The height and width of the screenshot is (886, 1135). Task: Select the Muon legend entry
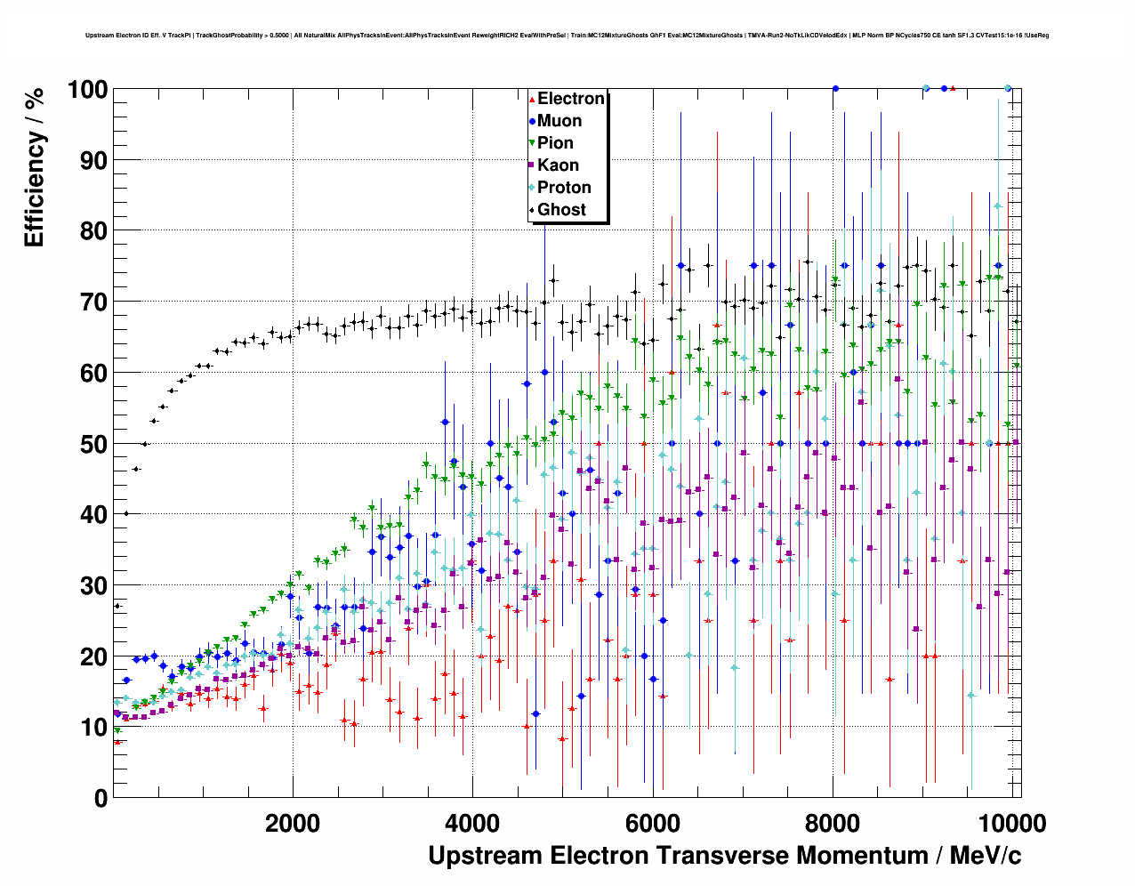pyautogui.click(x=559, y=121)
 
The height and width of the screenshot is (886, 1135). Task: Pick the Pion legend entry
pyautogui.click(x=555, y=143)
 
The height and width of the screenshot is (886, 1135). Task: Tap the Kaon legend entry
pyautogui.click(x=558, y=165)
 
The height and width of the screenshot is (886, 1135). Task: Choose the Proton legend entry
pyautogui.click(x=564, y=188)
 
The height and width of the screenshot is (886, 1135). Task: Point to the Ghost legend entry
pyautogui.click(x=561, y=210)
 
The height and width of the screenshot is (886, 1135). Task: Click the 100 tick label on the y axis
pyautogui.click(x=86, y=90)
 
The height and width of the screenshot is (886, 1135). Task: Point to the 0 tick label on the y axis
pyautogui.click(x=101, y=799)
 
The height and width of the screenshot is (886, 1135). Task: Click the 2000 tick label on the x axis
pyautogui.click(x=293, y=823)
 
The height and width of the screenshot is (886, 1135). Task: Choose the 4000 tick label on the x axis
pyautogui.click(x=472, y=823)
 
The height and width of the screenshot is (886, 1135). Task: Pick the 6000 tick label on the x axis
pyautogui.click(x=653, y=823)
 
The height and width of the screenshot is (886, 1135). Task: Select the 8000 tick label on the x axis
pyautogui.click(x=833, y=823)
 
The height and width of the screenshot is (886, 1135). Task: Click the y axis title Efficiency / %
pyautogui.click(x=35, y=168)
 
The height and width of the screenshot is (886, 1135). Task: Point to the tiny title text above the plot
pyautogui.click(x=567, y=36)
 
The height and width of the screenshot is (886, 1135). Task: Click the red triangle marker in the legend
pyautogui.click(x=531, y=99)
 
